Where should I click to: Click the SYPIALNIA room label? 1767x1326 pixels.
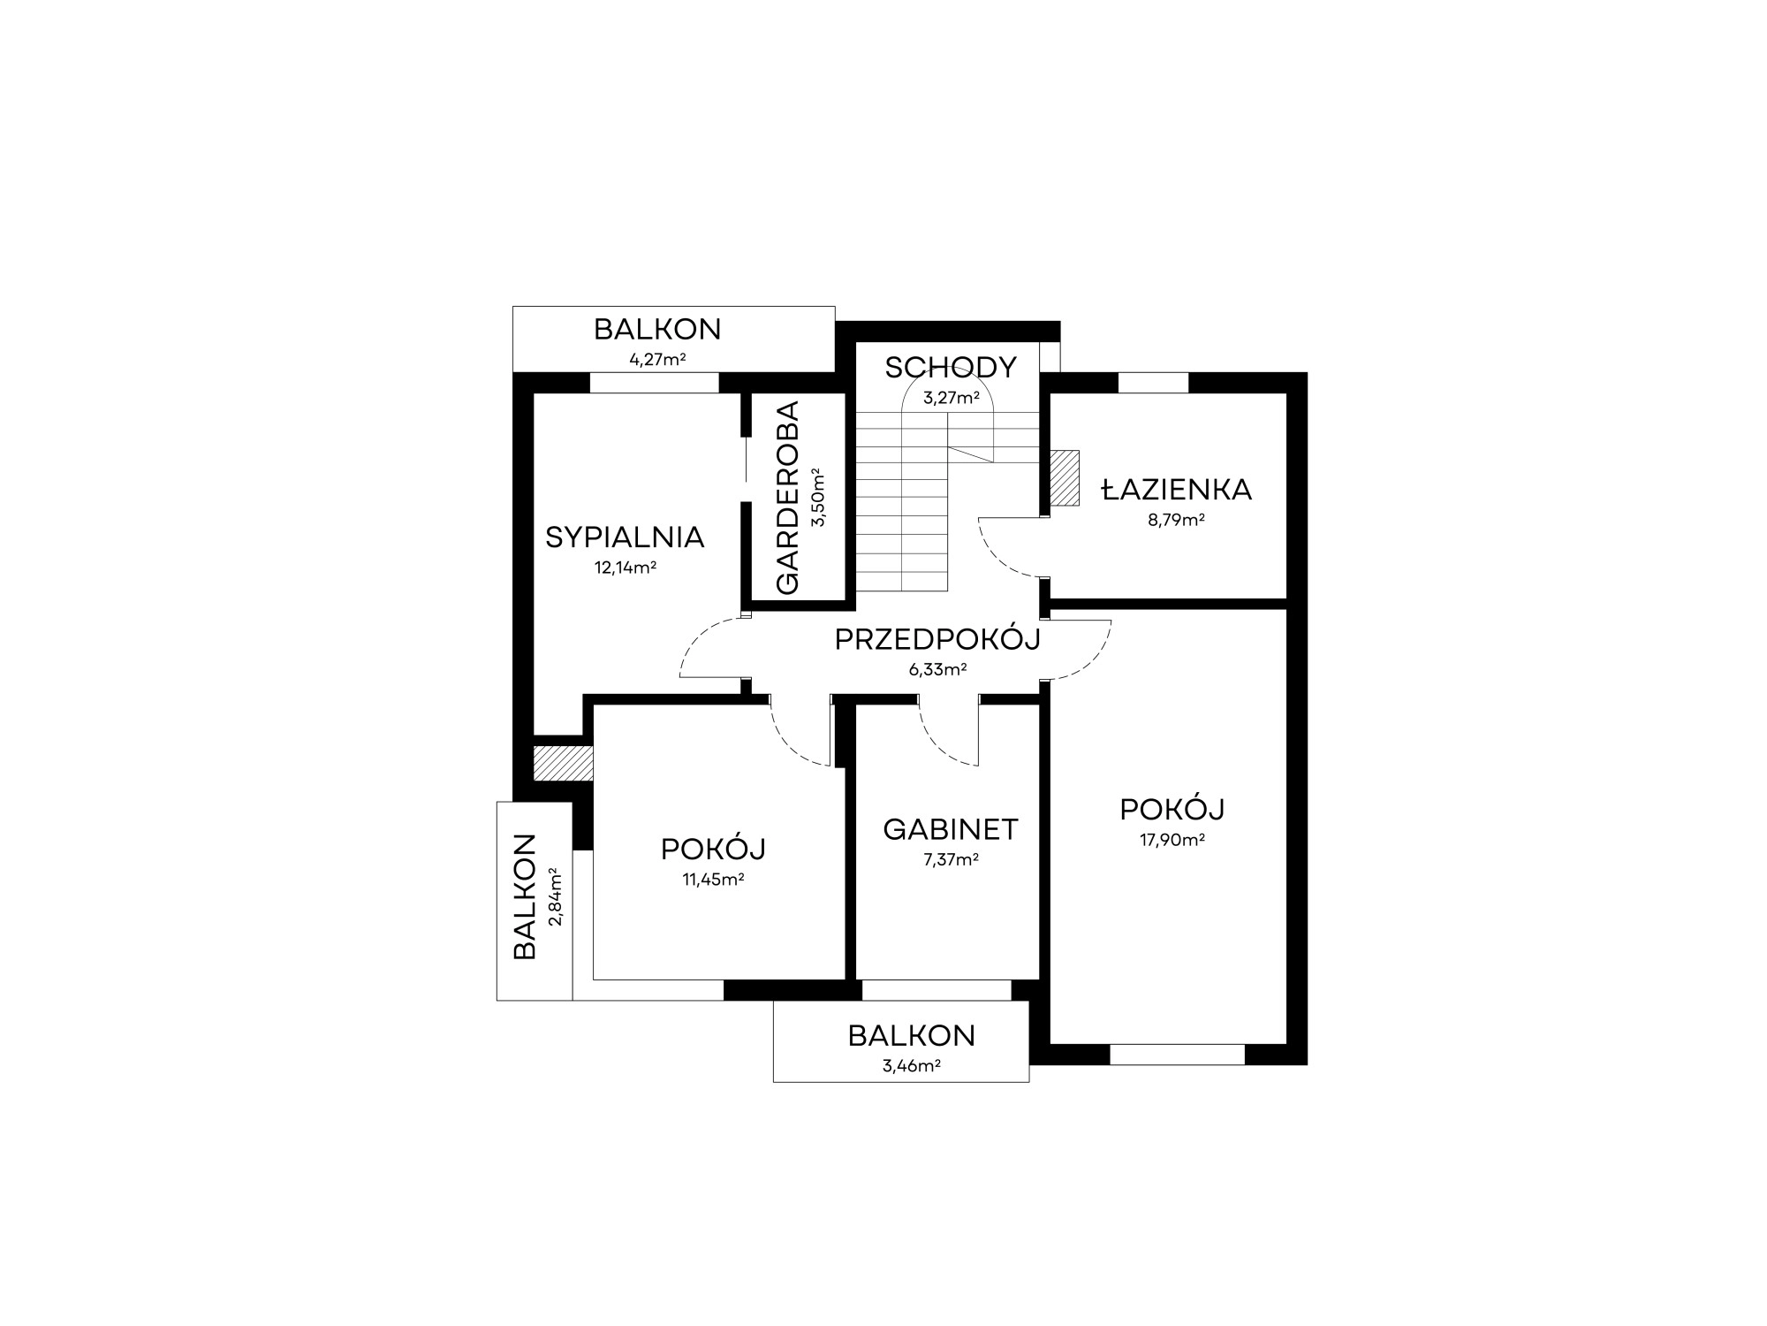coord(625,537)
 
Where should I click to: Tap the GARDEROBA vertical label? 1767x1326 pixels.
coord(786,498)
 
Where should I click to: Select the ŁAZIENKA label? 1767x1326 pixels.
coord(1177,489)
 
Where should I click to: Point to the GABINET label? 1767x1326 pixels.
coord(951,829)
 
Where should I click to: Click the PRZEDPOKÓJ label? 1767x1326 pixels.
coord(937,638)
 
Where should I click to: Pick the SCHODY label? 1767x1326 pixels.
coord(951,367)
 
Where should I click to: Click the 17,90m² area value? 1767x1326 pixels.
coord(1172,840)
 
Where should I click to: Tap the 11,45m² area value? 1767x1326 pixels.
coord(713,880)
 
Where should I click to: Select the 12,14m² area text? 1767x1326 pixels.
coord(625,568)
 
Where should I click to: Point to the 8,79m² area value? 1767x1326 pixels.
coord(1177,520)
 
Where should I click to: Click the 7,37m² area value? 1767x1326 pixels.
coord(951,859)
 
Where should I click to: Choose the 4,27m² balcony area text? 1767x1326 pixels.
coord(657,360)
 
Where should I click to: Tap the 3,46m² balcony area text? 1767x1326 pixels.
coord(911,1066)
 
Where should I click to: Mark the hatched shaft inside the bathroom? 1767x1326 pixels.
coord(1065,477)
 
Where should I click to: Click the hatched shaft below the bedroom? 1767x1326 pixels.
coord(563,764)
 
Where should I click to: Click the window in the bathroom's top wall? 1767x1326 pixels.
coord(1153,383)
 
